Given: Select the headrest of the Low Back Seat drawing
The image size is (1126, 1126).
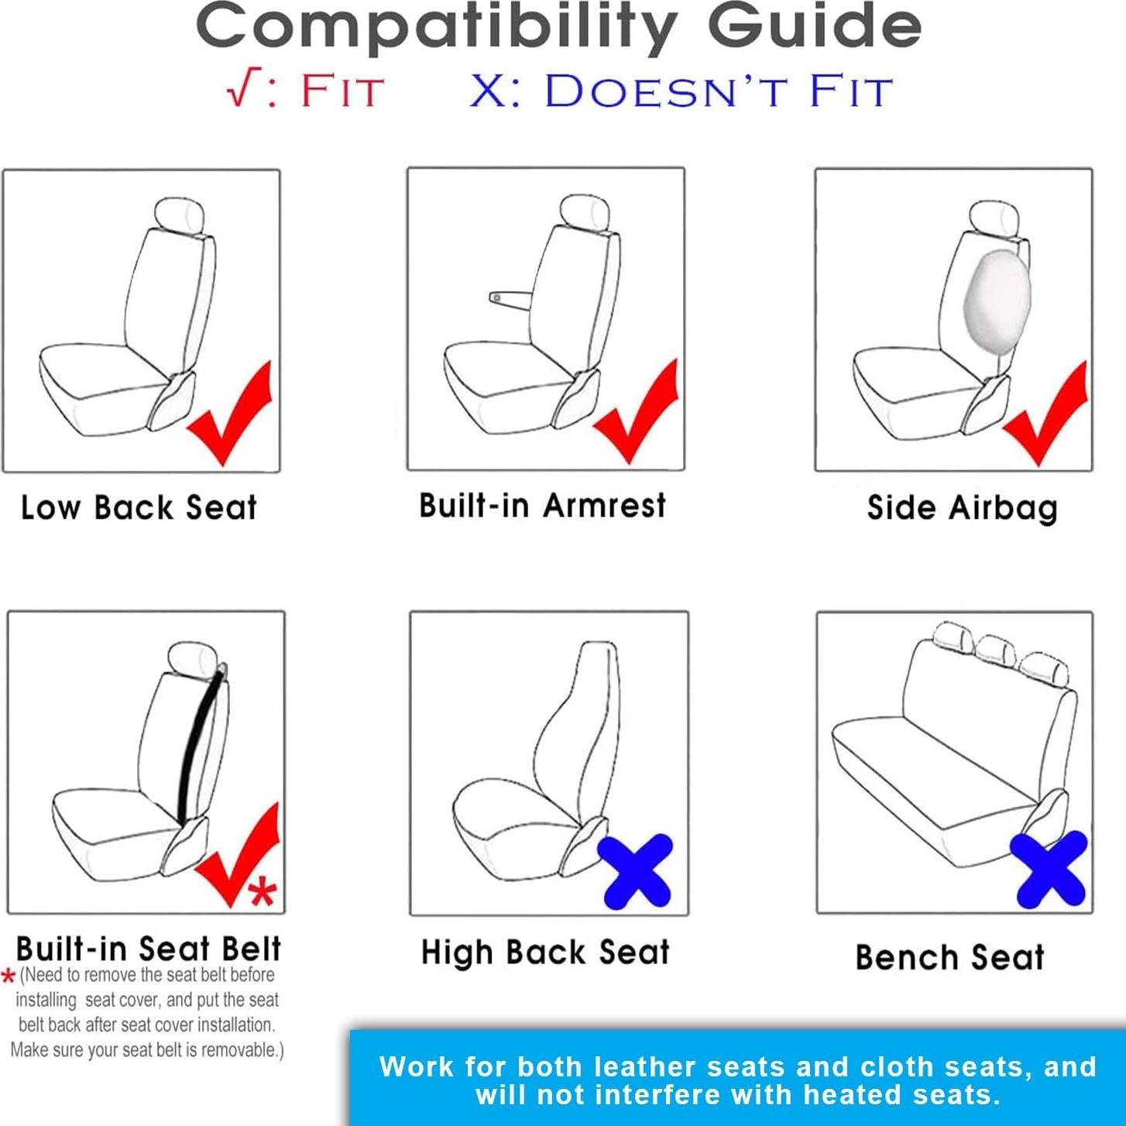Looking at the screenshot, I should point(180,215).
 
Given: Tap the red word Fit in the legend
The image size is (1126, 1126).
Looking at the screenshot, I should point(342,91).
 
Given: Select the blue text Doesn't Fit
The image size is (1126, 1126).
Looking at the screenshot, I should point(717,91).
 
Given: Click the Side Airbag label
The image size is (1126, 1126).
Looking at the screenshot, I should point(962,508).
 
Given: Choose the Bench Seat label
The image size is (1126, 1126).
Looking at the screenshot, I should point(949,958).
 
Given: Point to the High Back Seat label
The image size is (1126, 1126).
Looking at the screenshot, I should point(545,953).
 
